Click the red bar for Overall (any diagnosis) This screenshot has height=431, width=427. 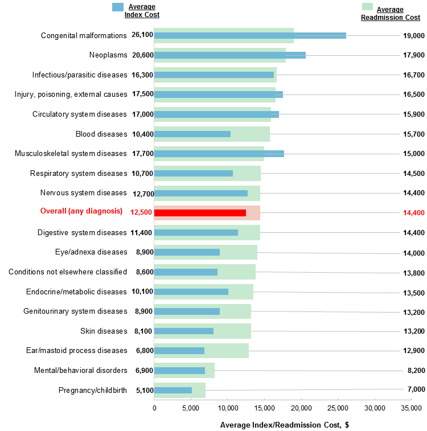click(x=200, y=213)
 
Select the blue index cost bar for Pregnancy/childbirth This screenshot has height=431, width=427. click(x=173, y=390)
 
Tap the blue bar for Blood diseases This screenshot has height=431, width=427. click(x=192, y=134)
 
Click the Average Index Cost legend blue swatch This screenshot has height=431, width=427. click(x=118, y=7)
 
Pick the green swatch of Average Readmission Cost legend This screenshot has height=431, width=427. click(x=367, y=7)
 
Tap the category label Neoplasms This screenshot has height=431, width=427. click(x=108, y=55)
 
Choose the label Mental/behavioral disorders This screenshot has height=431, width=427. click(x=80, y=371)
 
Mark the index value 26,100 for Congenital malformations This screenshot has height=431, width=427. click(x=142, y=35)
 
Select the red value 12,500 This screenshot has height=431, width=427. click(x=142, y=213)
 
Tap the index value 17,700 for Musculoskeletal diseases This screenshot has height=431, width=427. click(x=142, y=154)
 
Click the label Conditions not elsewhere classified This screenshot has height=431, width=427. click(x=68, y=272)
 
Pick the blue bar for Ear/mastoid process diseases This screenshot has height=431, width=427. click(x=179, y=351)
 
